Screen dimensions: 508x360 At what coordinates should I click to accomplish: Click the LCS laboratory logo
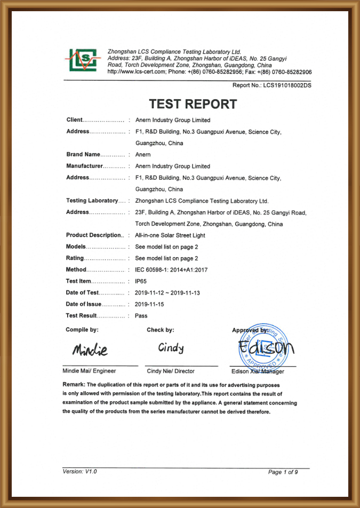pos(81,60)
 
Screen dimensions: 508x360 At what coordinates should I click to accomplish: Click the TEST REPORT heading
pos(193,104)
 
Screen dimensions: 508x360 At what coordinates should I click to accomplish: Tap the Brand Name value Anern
pos(143,154)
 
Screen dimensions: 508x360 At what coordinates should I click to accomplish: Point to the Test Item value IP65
pos(141,281)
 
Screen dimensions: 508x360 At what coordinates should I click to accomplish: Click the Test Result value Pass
pos(141,316)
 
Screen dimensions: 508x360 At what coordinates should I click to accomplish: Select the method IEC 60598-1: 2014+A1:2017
pos(171,270)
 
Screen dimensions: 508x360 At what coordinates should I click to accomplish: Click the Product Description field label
pos(94,235)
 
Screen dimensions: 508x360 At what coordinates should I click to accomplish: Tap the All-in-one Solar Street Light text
pos(170,235)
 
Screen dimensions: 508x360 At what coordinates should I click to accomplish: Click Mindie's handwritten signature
pos(90,350)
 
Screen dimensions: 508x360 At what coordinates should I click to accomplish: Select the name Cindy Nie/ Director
pos(171,371)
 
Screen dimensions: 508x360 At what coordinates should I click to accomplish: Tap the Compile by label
pos(82,330)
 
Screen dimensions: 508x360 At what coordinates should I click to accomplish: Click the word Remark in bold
pos(74,385)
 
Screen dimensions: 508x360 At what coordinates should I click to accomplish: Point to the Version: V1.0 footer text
pos(80,472)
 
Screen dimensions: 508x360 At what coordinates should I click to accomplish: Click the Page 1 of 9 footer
pos(283,472)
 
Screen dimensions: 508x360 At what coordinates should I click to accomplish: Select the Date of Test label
pos(83,293)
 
